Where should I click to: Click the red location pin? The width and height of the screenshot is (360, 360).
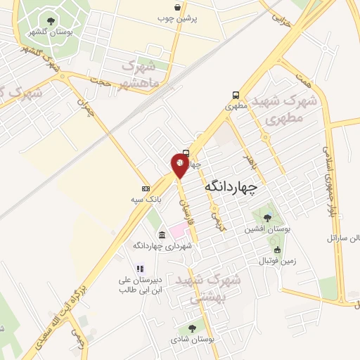pyautogui.click(x=180, y=165)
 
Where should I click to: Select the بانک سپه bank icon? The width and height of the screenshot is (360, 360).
pyautogui.click(x=146, y=188)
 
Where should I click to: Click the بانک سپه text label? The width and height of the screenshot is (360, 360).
pyautogui.click(x=149, y=200)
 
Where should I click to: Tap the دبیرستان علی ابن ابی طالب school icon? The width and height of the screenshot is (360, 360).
pyautogui.click(x=140, y=268)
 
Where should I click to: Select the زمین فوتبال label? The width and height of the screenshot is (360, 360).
pyautogui.click(x=258, y=261)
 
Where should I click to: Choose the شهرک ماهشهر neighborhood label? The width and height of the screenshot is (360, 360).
pyautogui.click(x=140, y=75)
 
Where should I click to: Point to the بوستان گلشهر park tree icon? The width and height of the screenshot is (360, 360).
pyautogui.click(x=51, y=20)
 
